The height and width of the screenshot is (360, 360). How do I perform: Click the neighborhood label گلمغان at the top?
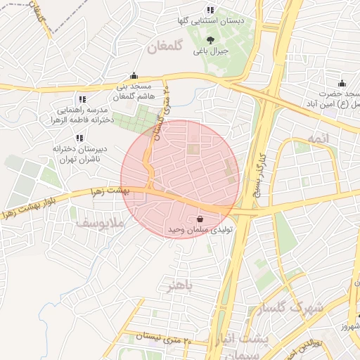[166, 47]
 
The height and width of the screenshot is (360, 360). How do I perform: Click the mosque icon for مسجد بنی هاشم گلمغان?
[134, 75]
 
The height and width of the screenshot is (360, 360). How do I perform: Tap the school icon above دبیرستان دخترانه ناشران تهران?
[78, 138]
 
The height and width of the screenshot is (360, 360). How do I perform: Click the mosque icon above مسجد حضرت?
[342, 84]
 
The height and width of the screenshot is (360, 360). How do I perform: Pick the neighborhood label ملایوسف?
[101, 224]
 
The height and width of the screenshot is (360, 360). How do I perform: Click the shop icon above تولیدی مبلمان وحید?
[201, 218]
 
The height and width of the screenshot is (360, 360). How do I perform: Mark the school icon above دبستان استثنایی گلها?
[210, 11]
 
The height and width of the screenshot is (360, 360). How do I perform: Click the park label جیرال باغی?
[212, 51]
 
